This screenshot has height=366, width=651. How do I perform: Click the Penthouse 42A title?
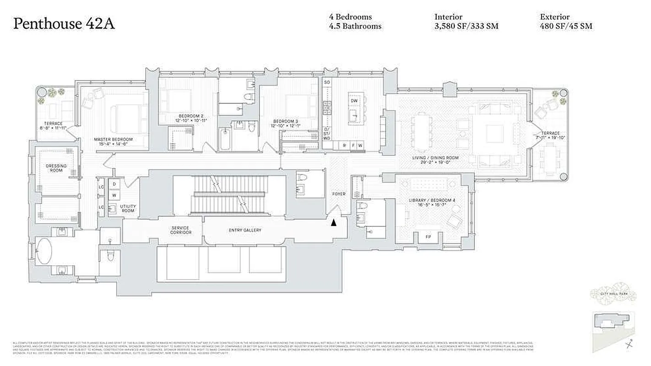tap(64, 24)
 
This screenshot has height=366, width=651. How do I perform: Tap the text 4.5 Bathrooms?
tap(355, 26)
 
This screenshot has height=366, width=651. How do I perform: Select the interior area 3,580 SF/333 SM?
tap(466, 26)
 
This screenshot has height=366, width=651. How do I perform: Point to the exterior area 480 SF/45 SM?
tap(566, 26)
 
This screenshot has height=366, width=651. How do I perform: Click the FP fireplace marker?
tap(429, 237)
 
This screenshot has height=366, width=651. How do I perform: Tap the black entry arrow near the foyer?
tap(334, 223)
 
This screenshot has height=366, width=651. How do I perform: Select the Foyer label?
tap(339, 194)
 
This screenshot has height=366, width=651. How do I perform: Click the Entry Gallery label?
tap(245, 230)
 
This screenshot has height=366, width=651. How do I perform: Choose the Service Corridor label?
tap(180, 230)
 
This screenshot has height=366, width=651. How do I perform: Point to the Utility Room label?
tap(128, 208)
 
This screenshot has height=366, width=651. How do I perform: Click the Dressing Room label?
tap(56, 168)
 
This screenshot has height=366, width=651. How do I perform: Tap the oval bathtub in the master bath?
tap(44, 250)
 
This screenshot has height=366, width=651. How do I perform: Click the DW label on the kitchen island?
tap(354, 101)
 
